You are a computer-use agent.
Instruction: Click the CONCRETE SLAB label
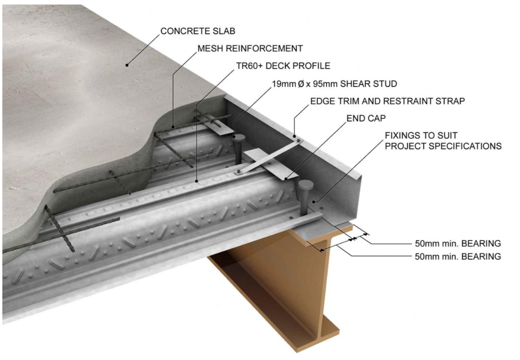198,31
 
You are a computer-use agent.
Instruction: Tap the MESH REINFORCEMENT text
250,49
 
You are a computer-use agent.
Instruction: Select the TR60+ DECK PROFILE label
283,66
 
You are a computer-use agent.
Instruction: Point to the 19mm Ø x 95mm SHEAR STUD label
335,84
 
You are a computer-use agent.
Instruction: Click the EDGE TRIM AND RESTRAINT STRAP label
387,101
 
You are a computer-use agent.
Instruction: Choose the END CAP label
366,118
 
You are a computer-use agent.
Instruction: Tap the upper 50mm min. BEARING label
458,244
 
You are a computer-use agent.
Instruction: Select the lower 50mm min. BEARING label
458,257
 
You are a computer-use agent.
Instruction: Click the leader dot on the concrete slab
127,65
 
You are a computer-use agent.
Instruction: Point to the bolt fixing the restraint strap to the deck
238,172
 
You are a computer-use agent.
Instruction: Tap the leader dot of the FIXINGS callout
314,202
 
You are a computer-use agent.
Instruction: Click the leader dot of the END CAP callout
286,179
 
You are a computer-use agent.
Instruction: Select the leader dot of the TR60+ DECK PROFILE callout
197,181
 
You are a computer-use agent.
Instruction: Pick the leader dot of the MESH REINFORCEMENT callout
173,127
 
